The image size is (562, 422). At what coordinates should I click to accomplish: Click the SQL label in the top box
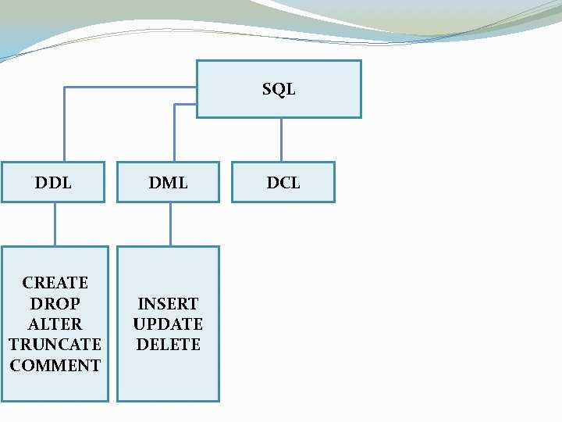(279, 89)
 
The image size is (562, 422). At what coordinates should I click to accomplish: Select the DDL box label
(53, 183)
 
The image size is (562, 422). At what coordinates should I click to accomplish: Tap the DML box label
(169, 183)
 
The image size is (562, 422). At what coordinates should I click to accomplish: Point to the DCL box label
(283, 183)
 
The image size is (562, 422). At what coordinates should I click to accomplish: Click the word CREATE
(55, 282)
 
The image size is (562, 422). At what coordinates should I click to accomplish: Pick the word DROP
(55, 303)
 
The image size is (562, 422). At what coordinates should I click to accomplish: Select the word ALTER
(55, 324)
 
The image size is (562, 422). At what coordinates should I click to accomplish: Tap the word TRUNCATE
(55, 344)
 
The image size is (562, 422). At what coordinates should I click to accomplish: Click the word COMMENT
(55, 365)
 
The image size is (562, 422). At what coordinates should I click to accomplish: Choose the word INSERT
(169, 303)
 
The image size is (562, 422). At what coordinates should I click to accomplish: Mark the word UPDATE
(169, 324)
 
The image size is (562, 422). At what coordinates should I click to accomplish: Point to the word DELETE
(169, 344)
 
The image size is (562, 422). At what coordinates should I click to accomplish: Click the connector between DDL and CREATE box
(55, 224)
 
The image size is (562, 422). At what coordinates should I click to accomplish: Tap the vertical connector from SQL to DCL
(281, 140)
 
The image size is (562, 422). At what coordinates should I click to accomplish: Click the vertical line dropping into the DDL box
(65, 125)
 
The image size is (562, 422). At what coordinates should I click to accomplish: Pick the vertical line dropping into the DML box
(174, 133)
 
